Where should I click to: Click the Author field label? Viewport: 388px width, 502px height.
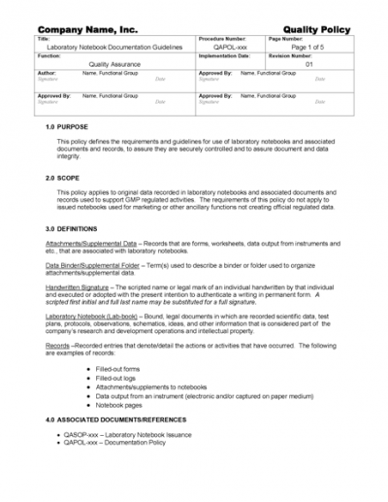[x=46, y=73]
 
